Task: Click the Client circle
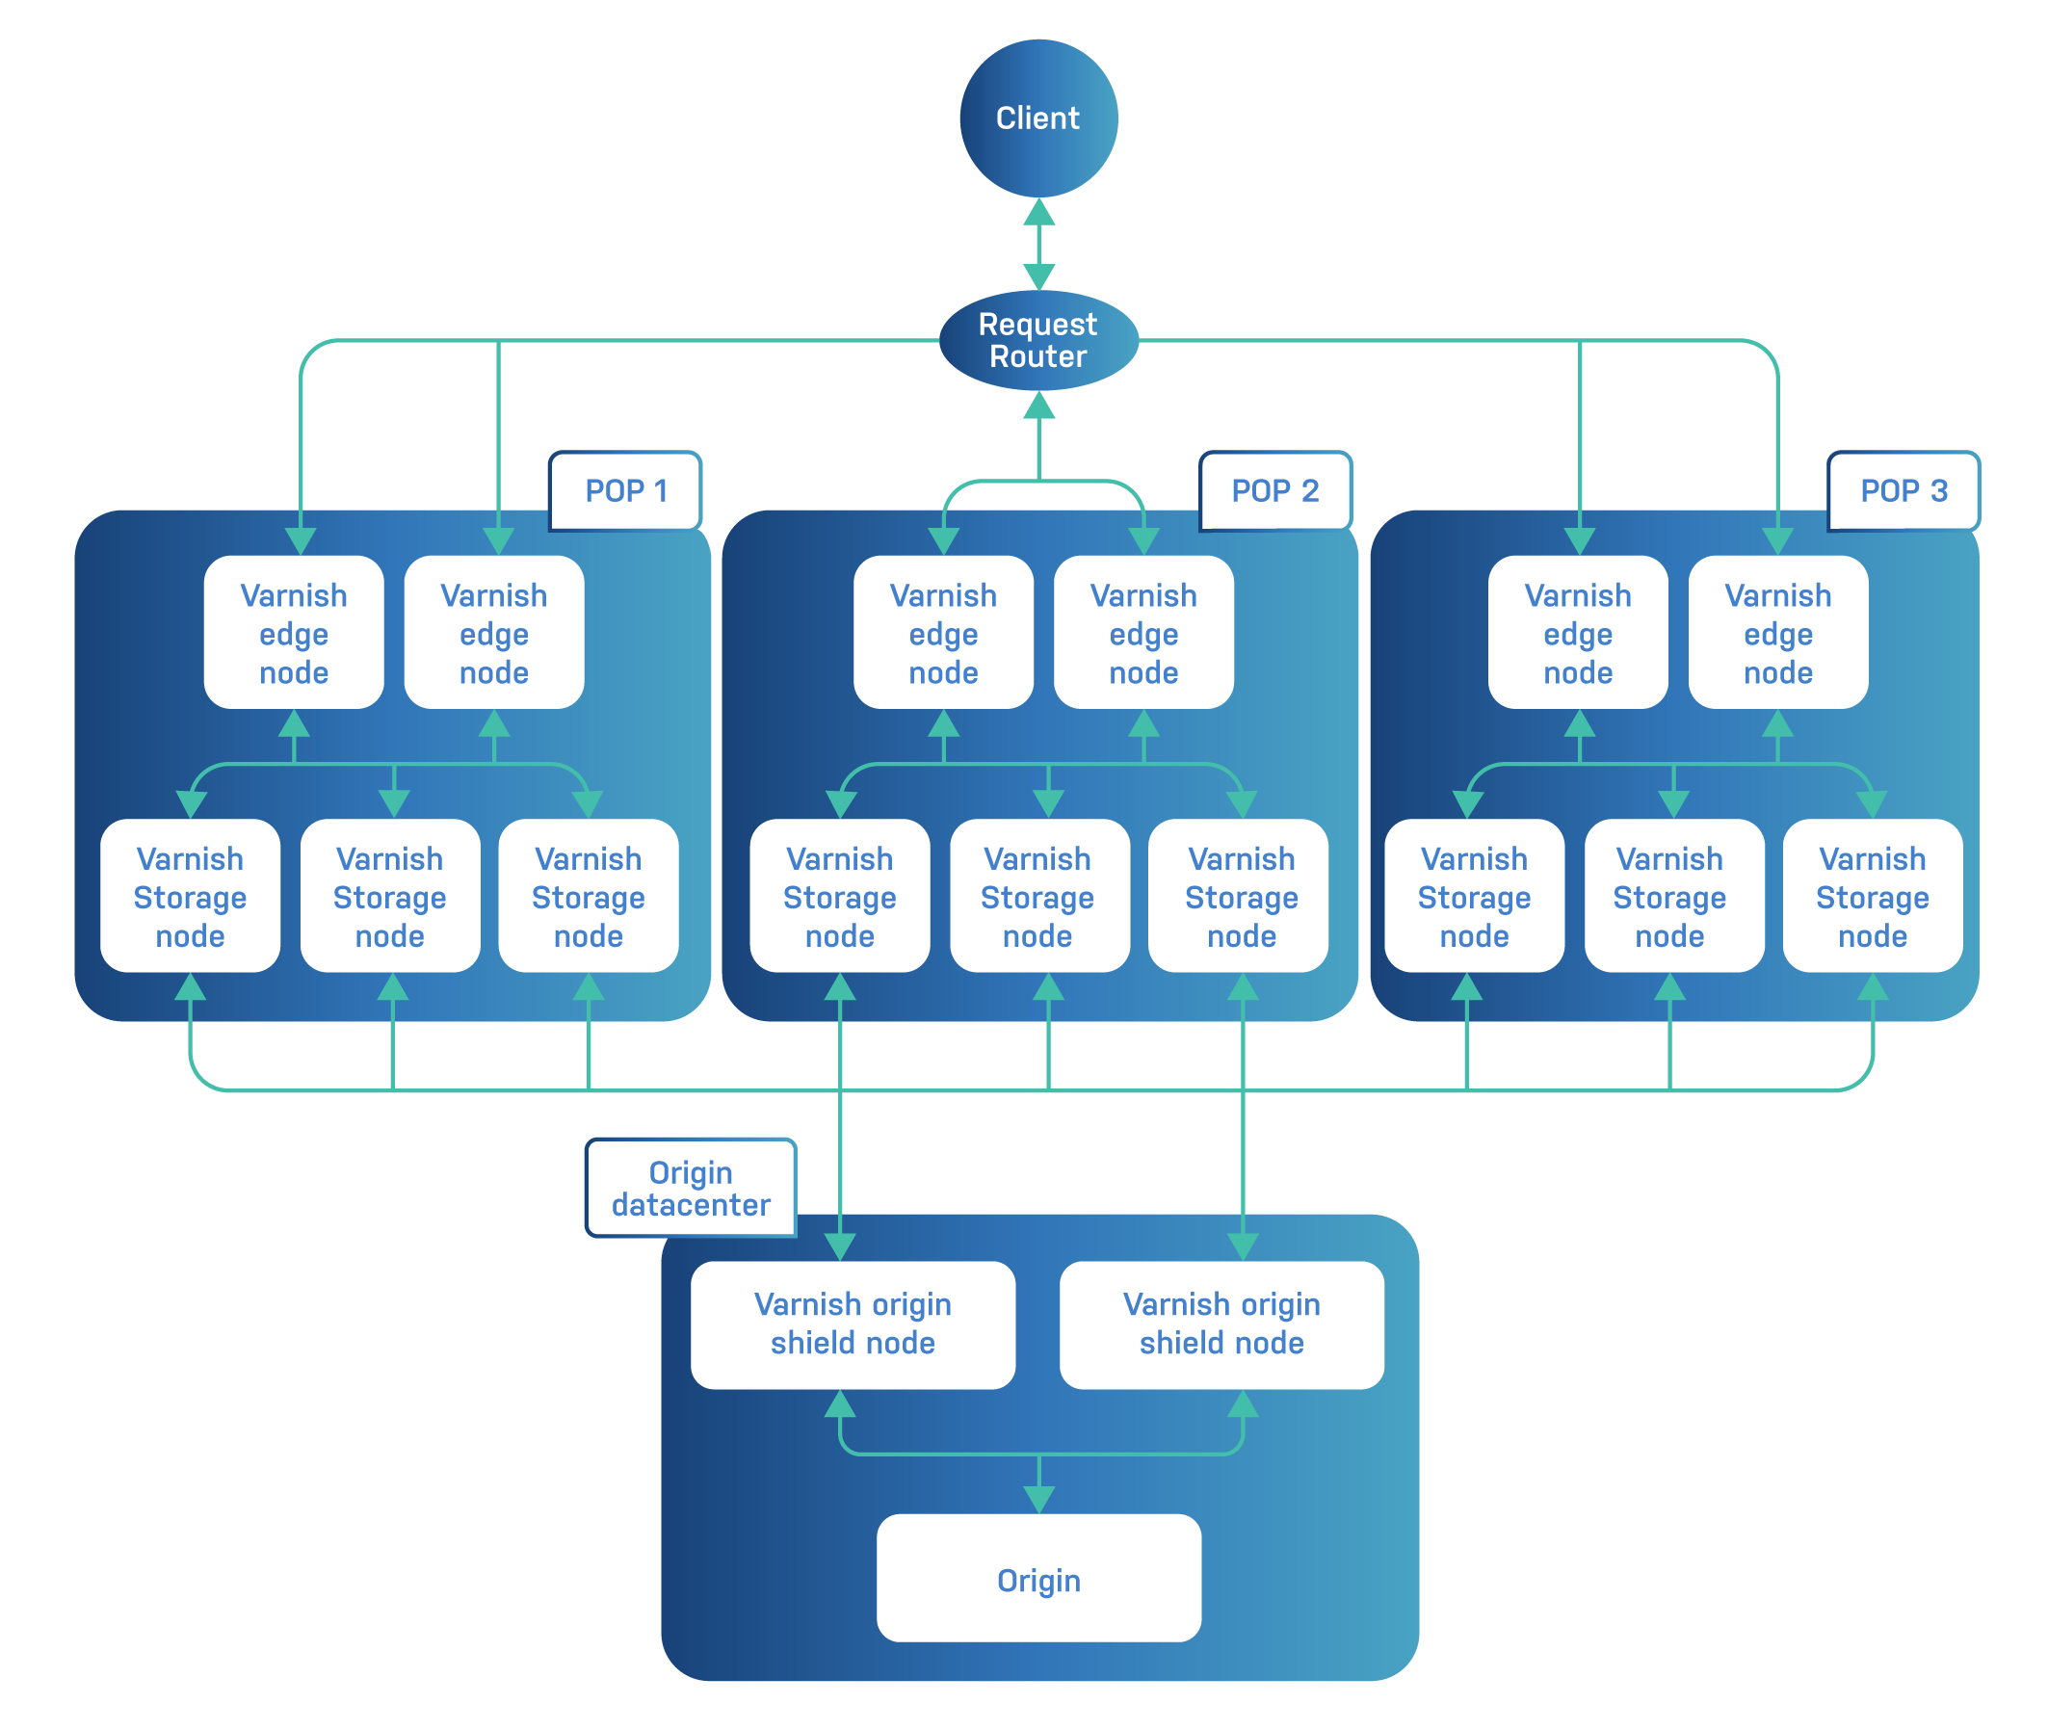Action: tap(1037, 118)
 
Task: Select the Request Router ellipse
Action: tap(1037, 340)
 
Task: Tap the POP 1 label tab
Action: tap(625, 490)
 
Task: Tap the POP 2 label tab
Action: tap(1274, 490)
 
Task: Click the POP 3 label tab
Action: tap(1903, 490)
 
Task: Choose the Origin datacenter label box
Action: tap(691, 1188)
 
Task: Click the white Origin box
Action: tap(1037, 1579)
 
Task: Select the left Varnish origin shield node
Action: tap(853, 1324)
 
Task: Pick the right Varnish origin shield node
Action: tap(1221, 1324)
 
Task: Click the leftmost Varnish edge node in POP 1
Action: tap(293, 633)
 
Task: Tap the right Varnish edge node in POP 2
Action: tap(1143, 633)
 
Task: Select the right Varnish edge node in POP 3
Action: tap(1777, 633)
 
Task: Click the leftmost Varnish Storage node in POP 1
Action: tap(190, 896)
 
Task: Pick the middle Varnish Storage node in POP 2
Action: tap(1037, 896)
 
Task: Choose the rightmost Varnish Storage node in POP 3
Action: tap(1872, 896)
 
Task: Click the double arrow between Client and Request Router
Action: tap(1038, 245)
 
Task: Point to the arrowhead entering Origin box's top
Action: tap(1038, 1500)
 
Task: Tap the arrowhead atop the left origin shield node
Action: tap(841, 1246)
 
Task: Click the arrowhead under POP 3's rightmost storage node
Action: tap(1873, 986)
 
